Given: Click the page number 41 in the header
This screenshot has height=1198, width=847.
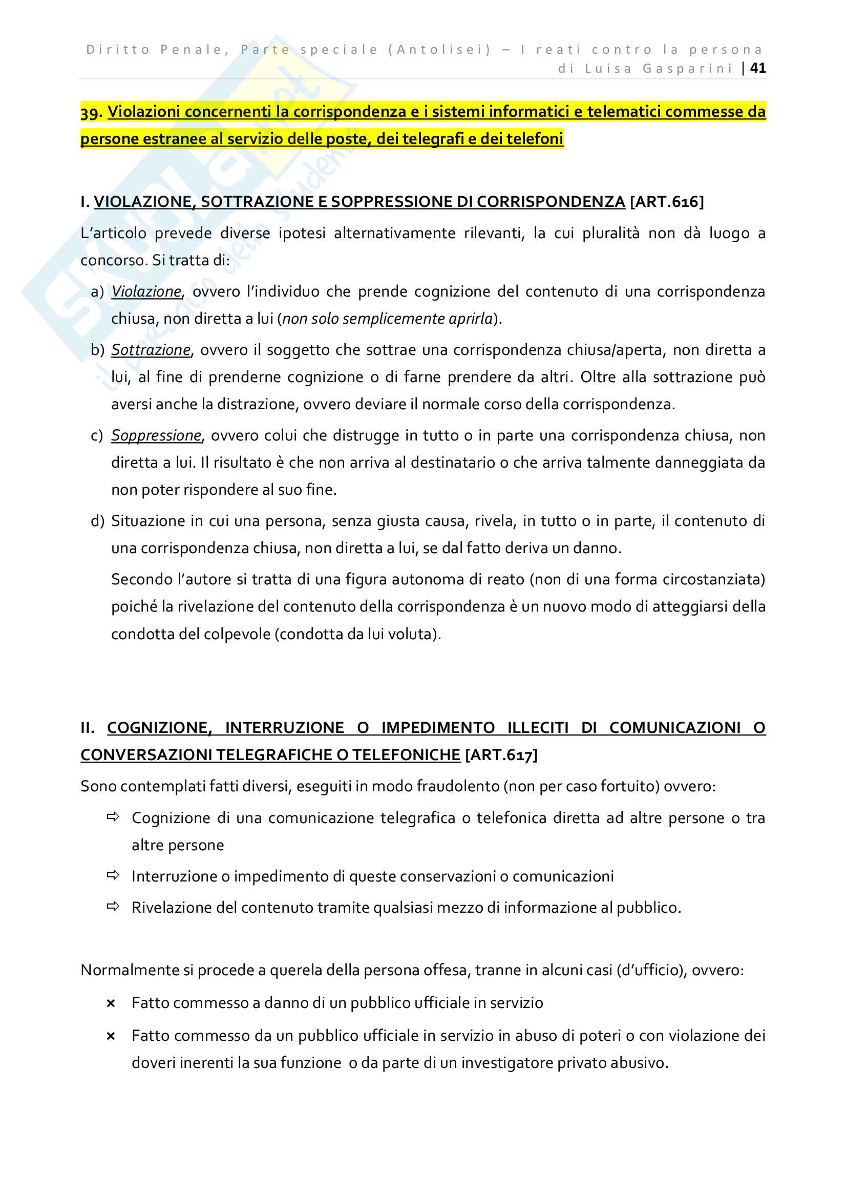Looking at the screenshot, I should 757,68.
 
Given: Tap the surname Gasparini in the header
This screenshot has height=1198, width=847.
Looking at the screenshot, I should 687,68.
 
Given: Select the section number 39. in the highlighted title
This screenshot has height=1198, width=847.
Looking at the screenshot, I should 91,112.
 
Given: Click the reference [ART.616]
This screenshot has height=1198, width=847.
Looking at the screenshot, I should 667,202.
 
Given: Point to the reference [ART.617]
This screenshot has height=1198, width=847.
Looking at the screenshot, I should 501,755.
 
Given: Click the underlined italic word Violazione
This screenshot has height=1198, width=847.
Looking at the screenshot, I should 146,291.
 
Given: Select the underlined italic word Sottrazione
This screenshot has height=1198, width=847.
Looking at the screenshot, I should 151,350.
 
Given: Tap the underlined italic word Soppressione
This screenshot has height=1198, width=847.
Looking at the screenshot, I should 156,436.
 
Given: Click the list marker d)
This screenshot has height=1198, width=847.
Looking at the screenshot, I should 97,521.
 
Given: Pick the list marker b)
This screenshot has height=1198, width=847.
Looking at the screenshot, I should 97,350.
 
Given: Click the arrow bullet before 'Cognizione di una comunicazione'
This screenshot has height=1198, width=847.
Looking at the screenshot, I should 113,817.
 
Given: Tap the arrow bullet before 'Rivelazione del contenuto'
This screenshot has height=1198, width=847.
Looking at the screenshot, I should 113,907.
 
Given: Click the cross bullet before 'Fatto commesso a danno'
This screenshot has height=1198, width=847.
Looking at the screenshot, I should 111,1003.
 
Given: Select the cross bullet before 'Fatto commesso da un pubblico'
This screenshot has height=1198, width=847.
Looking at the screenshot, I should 111,1036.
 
